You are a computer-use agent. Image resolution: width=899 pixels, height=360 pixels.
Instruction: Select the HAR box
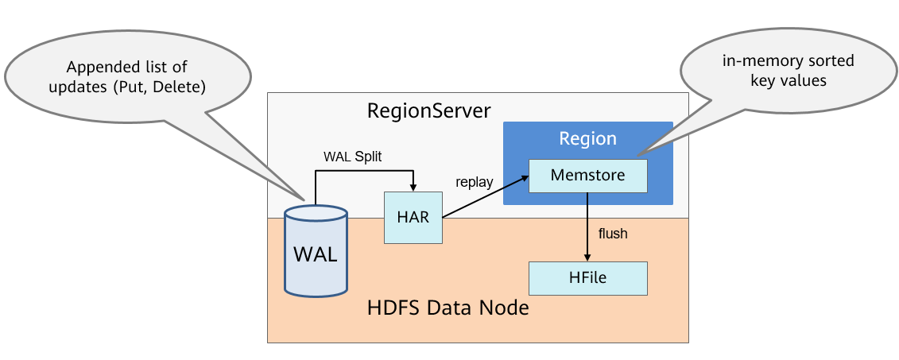413,217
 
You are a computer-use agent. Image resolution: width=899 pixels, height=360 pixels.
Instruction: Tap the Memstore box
587,176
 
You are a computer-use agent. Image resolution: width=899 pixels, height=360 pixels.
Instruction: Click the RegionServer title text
429,110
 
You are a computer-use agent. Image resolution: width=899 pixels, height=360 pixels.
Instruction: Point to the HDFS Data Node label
448,307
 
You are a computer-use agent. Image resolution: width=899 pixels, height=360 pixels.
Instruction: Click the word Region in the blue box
587,138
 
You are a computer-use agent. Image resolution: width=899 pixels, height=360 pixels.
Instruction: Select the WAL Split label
352,157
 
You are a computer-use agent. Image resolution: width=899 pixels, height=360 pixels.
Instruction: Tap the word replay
475,182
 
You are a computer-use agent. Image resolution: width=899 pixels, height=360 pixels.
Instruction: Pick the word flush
613,234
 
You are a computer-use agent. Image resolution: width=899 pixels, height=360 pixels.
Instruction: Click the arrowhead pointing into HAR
413,187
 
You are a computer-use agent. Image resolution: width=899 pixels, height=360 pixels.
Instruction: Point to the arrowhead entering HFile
587,257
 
